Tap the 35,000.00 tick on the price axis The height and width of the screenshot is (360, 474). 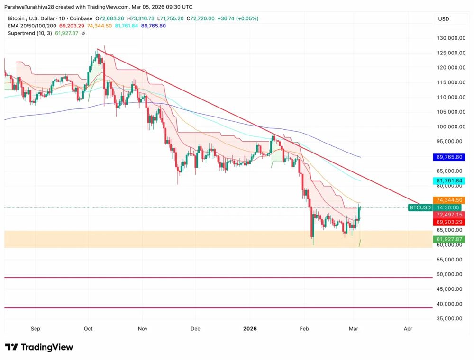450,318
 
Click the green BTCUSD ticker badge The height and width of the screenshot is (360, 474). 420,207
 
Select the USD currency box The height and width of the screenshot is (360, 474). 444,19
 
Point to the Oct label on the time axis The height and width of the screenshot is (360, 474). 88,328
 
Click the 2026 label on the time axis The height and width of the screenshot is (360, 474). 250,328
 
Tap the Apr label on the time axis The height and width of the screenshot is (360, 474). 408,328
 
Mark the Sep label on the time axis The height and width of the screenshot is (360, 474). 36,328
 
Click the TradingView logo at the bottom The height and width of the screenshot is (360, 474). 39,347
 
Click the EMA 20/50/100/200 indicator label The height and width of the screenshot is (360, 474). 32,26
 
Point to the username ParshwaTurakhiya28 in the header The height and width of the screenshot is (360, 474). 32,7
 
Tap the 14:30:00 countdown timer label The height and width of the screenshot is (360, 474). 448,207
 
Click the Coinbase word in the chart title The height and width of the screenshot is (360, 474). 80,18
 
